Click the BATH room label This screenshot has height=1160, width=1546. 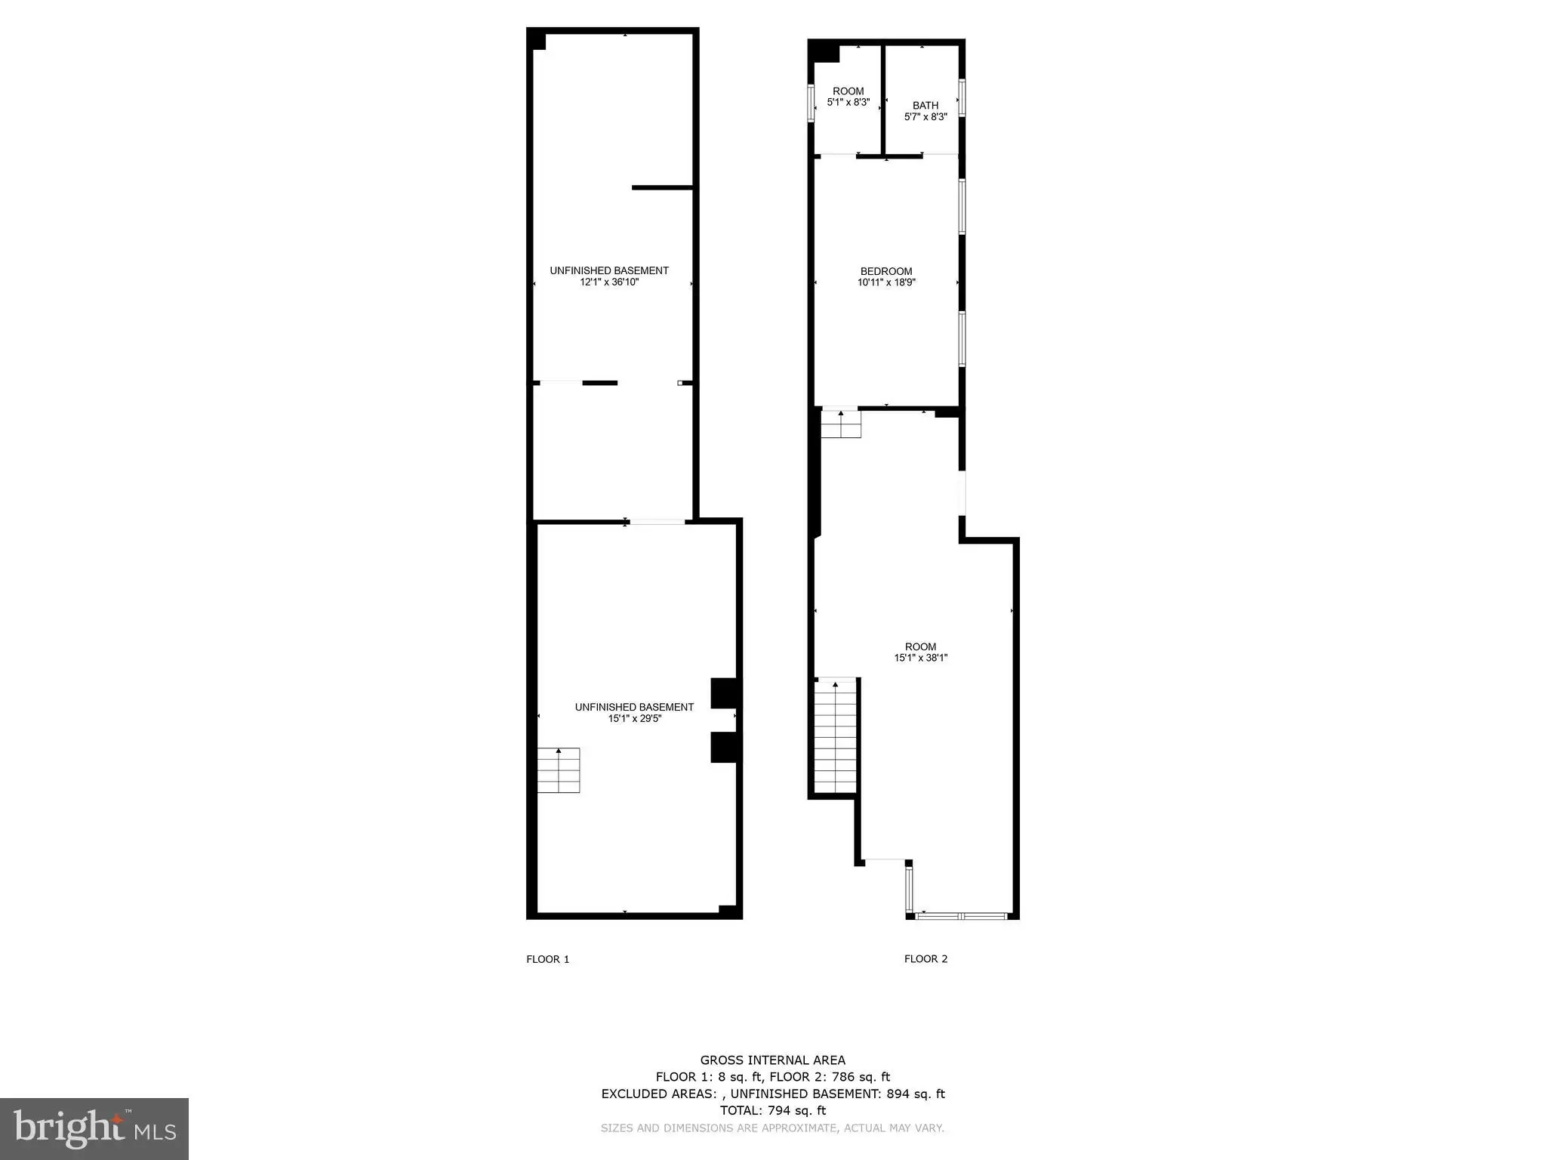925,106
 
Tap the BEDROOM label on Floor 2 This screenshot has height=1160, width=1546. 886,271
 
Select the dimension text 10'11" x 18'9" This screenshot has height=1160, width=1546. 886,282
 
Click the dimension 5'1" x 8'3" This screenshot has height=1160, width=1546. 848,102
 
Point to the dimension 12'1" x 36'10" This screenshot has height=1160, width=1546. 609,282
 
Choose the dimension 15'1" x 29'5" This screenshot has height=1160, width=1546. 635,718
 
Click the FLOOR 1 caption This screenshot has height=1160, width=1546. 548,959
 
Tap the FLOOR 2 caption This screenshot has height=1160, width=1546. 926,958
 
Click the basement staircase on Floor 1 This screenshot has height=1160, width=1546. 559,770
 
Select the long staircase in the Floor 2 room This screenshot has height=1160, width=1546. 836,736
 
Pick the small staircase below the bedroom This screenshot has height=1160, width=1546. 841,424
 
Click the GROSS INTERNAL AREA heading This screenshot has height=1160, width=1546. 773,1060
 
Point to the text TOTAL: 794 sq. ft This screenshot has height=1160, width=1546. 773,1110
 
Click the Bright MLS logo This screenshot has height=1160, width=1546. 94,1129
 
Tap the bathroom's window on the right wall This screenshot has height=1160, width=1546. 962,97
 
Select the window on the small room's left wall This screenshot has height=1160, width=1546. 811,103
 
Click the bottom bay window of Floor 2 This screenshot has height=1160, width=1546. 962,916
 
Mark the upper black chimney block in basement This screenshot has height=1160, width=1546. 725,693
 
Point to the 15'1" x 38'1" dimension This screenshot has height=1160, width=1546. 921,658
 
